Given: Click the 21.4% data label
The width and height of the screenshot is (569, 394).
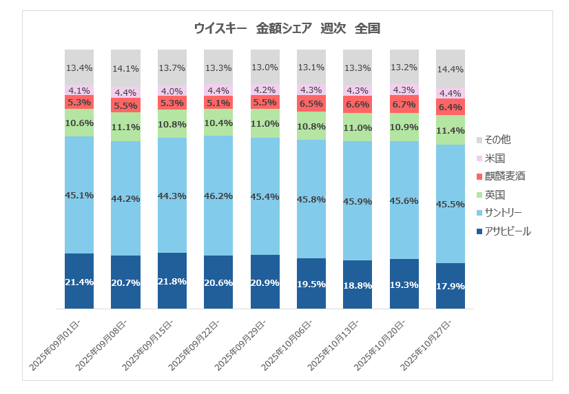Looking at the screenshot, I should (79, 282).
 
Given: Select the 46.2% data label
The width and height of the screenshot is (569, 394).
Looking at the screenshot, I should (218, 196).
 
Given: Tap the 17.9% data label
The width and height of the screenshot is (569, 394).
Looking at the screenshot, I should (451, 287).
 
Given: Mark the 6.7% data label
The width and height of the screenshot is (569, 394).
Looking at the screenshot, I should (404, 105).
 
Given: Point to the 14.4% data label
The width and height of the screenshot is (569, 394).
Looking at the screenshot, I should (451, 70).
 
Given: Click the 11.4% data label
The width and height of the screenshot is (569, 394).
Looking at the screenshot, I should (451, 130).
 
